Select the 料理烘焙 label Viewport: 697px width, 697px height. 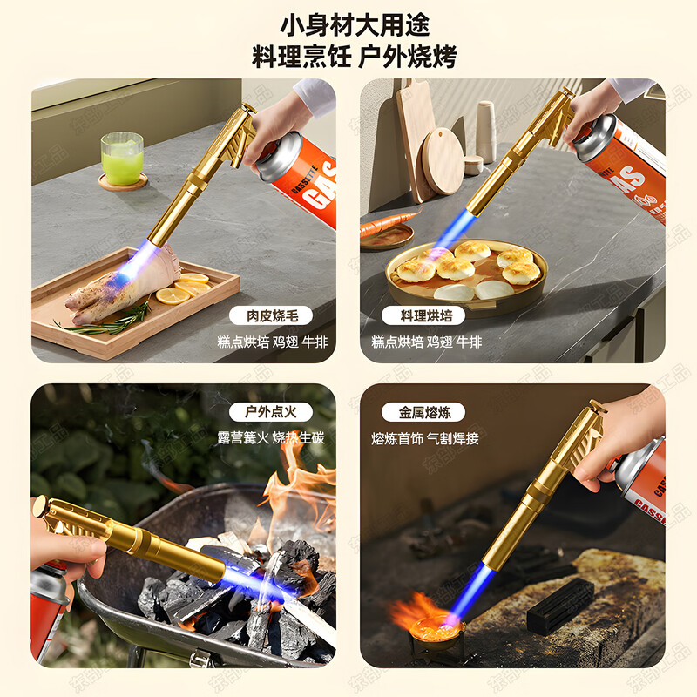coord(423,316)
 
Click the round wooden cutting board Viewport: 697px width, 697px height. coord(442,161)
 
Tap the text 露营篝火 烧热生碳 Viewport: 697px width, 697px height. coord(270,438)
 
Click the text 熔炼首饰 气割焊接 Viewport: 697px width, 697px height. coord(425,438)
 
